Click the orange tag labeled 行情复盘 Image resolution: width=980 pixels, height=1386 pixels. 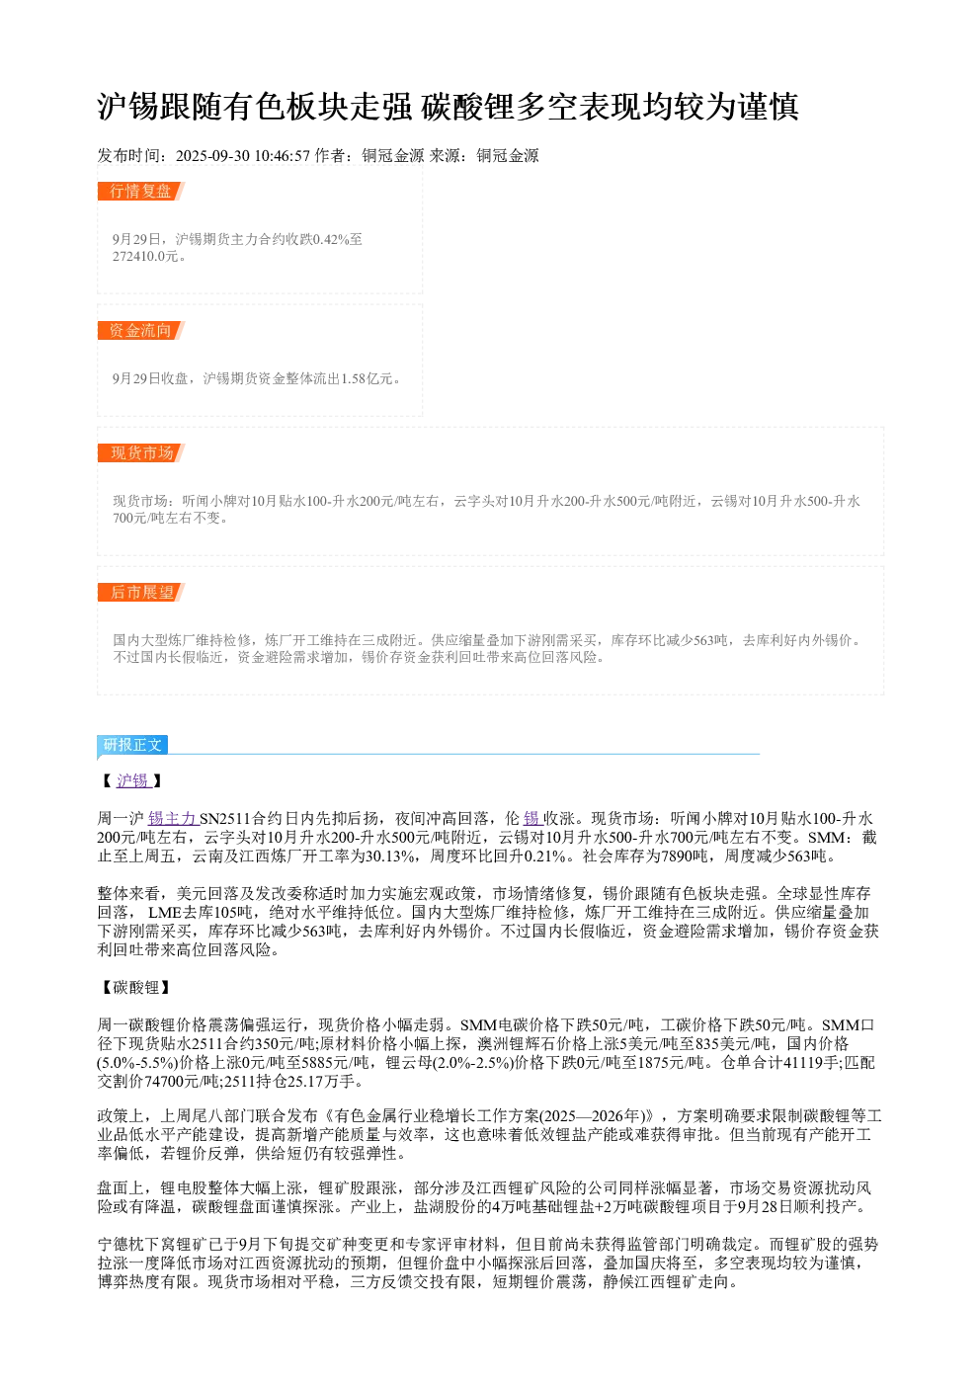click(x=140, y=191)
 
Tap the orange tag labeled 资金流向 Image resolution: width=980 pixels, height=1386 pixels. click(x=140, y=330)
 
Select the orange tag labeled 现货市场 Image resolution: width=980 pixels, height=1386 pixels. click(x=140, y=452)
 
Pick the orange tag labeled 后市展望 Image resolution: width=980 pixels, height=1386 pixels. click(x=140, y=592)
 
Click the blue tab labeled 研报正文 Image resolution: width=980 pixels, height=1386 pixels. click(x=131, y=744)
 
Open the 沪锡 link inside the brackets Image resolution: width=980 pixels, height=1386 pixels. click(x=133, y=780)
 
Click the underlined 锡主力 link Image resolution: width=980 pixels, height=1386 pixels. click(x=173, y=819)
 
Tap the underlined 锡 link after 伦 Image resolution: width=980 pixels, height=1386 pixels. click(x=532, y=819)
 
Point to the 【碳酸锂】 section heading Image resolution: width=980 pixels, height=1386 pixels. click(x=135, y=988)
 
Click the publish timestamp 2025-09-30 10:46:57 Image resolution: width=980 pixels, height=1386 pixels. click(x=242, y=155)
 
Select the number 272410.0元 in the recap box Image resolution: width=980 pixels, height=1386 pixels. click(x=145, y=256)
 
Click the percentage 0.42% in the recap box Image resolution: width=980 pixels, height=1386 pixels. click(x=331, y=239)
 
